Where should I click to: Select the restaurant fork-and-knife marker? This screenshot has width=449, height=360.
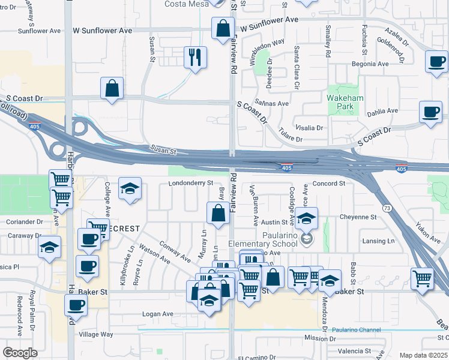coord(195,58)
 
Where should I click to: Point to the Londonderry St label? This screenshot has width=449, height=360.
coord(191,182)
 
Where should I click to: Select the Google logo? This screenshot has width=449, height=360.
coord(20,353)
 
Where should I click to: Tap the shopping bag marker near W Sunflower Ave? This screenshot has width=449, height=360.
coord(223,28)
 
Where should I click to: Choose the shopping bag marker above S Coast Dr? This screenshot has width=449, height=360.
coord(112,89)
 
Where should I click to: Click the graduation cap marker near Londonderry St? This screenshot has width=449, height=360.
coord(129,189)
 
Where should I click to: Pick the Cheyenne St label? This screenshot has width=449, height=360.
coord(358,217)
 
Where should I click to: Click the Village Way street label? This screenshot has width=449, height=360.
coord(96,334)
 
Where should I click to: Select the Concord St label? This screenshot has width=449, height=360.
coord(328,183)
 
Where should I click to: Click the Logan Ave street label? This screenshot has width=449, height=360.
coord(158,314)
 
